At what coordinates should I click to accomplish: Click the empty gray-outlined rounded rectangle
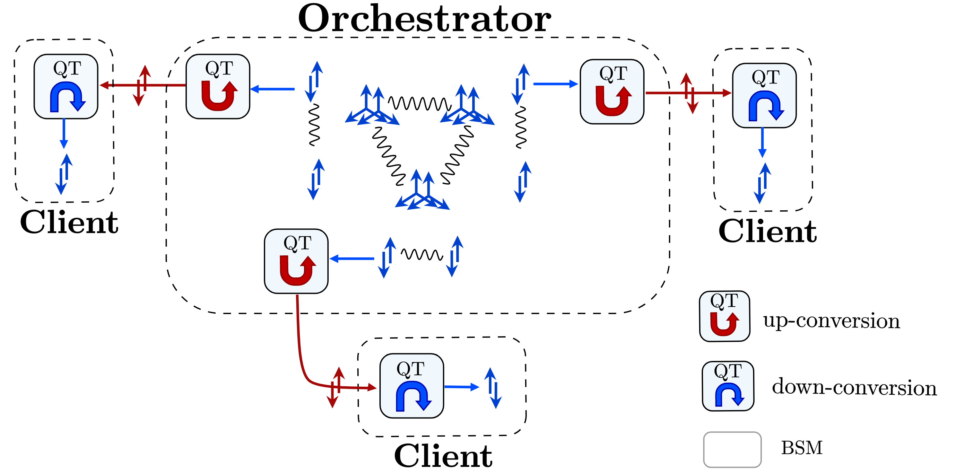[732, 450]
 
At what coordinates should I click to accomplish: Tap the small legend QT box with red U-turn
[725, 316]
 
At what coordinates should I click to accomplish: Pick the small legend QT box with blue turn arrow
[728, 386]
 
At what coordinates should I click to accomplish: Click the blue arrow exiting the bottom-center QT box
[461, 387]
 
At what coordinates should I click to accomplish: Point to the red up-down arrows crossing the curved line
[335, 388]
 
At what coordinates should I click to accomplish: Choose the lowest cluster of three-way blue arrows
[422, 190]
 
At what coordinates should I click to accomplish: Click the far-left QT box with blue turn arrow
[66, 86]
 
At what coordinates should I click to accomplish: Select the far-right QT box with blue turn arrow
[764, 95]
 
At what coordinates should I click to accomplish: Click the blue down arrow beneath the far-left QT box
[64, 134]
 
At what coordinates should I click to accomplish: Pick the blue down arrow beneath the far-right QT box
[762, 143]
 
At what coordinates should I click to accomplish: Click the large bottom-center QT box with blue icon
[411, 386]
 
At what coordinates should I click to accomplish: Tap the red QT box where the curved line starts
[296, 261]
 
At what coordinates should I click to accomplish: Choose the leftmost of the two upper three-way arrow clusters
[372, 106]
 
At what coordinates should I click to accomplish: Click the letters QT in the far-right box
[765, 77]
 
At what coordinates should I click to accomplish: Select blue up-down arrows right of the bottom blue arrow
[493, 388]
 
